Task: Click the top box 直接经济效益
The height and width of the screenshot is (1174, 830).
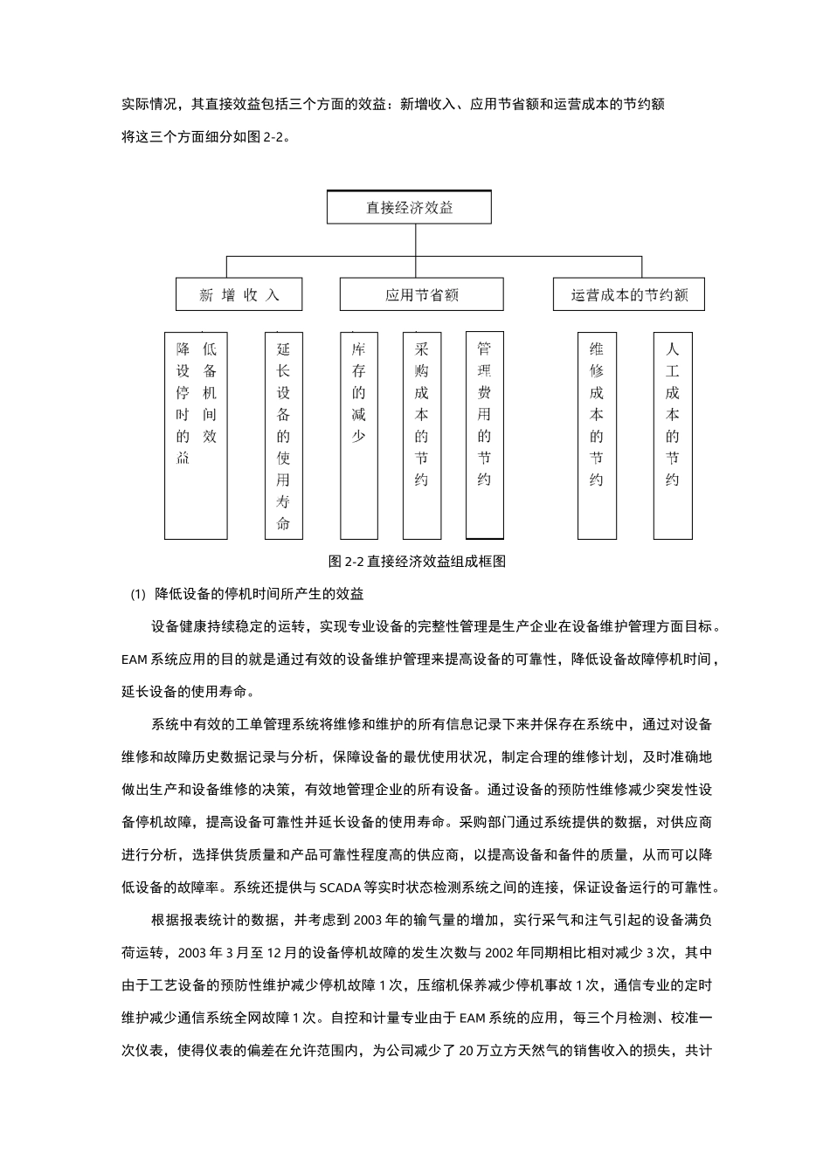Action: (x=409, y=208)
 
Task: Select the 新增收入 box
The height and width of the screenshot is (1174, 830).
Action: (x=239, y=294)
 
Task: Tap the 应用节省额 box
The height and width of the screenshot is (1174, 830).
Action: (x=421, y=294)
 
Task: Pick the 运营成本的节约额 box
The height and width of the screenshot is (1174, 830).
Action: (x=629, y=294)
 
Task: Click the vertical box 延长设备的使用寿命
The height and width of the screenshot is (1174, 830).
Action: (x=283, y=435)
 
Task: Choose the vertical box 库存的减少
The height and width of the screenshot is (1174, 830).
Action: (x=358, y=435)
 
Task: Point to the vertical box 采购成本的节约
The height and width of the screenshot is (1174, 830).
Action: (x=421, y=435)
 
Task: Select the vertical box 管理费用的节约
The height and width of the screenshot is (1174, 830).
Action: (x=484, y=435)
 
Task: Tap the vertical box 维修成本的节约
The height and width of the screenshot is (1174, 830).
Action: (x=597, y=435)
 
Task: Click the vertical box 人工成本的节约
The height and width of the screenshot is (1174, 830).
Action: (x=672, y=435)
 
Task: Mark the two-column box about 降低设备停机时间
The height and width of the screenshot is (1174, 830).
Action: (x=196, y=435)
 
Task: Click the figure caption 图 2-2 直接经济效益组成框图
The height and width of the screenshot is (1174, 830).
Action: (x=417, y=562)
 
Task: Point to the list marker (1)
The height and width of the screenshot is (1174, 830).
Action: (x=138, y=595)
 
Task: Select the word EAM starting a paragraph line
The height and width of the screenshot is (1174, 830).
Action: (x=135, y=660)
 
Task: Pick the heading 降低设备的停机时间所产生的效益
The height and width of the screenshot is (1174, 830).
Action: (x=259, y=594)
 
